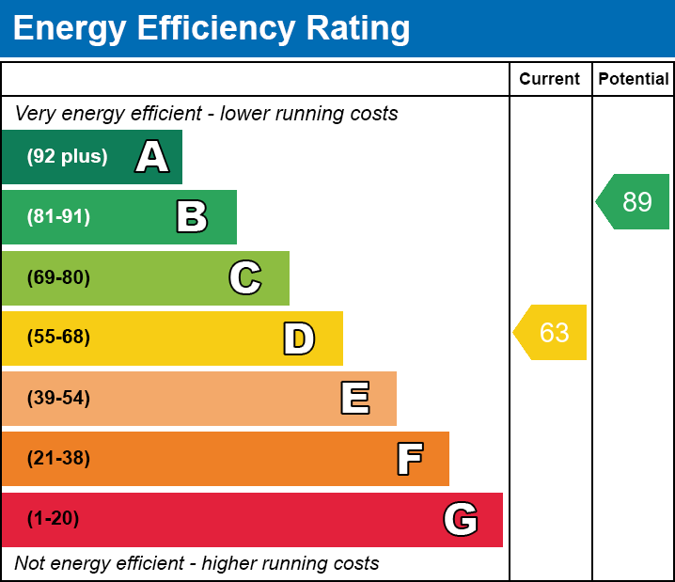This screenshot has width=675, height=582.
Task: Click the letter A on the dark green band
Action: (x=152, y=157)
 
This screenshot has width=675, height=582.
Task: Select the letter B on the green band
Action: (x=192, y=217)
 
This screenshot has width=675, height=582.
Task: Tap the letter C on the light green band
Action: (x=245, y=277)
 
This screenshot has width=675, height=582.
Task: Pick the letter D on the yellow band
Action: (x=299, y=338)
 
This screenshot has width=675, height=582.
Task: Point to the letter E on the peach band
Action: (x=354, y=399)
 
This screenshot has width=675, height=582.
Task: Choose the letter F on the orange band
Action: (x=409, y=459)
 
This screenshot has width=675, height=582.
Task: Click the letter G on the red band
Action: (x=461, y=519)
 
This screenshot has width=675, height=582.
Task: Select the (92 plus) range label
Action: (x=67, y=157)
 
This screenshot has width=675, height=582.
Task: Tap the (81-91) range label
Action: (x=58, y=217)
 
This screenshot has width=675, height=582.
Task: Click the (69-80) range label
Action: (x=58, y=277)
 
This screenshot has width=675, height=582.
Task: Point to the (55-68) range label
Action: (x=58, y=338)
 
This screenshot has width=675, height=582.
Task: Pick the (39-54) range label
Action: (x=58, y=399)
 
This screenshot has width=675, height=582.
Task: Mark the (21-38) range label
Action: (x=58, y=459)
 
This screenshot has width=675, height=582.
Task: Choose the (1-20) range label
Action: (x=53, y=519)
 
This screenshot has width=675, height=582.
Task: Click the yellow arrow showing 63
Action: (x=552, y=333)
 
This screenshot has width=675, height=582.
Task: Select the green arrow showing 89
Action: (x=635, y=202)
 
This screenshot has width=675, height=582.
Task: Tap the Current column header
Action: (x=550, y=80)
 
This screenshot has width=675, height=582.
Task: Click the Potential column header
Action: (x=634, y=80)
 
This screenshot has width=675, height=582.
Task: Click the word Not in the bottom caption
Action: (x=30, y=564)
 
